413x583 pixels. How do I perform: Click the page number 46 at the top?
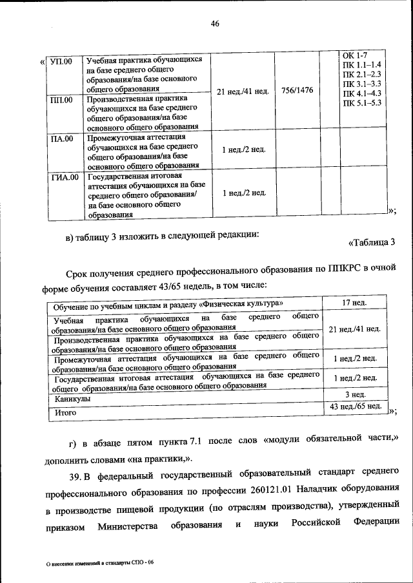click(216, 24)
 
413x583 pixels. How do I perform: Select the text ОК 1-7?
click(354, 57)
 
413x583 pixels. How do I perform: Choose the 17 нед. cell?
click(354, 302)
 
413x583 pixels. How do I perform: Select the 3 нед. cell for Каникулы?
click(354, 394)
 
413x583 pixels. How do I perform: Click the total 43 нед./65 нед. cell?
click(354, 406)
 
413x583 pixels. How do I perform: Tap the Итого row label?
click(65, 412)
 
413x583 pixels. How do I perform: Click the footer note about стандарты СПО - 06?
click(103, 562)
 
